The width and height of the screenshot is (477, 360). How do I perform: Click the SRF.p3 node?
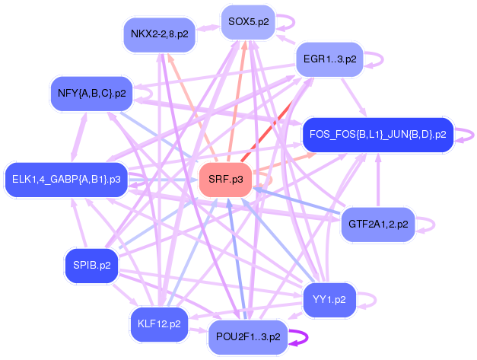[224, 180]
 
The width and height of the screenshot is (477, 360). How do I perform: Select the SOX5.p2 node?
[247, 22]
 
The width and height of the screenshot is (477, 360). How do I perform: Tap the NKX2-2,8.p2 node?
[159, 33]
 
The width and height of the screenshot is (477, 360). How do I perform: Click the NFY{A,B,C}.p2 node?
[91, 94]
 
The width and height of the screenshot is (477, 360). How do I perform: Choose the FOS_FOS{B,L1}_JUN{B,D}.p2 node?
[377, 135]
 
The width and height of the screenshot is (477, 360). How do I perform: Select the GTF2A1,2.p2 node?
[378, 225]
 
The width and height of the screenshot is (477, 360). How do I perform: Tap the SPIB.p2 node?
[92, 266]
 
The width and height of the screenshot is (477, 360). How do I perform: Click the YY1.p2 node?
[329, 299]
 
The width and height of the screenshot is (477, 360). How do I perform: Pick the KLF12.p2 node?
[158, 323]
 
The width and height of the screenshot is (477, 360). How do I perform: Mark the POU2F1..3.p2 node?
[247, 336]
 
